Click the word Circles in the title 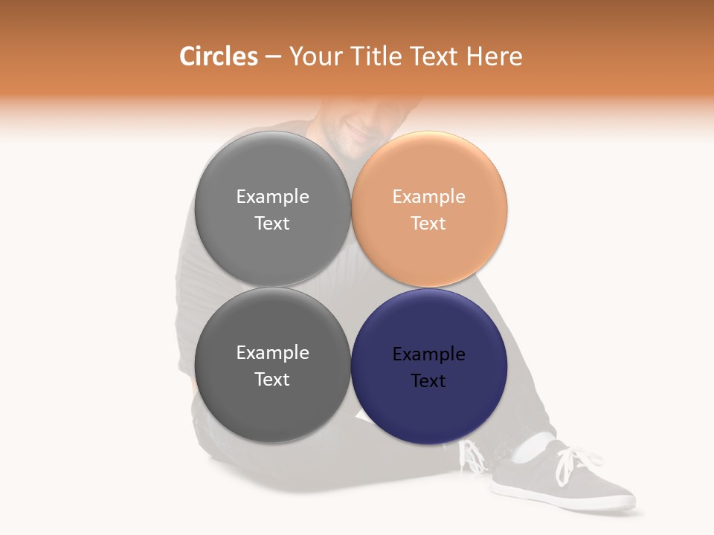[x=219, y=56]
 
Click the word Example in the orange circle [x=429, y=197]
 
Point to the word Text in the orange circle [x=429, y=223]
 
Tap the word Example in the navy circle [x=429, y=354]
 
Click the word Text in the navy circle [x=429, y=380]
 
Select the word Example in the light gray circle [x=272, y=197]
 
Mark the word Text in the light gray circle [x=272, y=223]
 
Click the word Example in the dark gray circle [x=272, y=353]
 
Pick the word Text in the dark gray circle [x=272, y=379]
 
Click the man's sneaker [x=565, y=483]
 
